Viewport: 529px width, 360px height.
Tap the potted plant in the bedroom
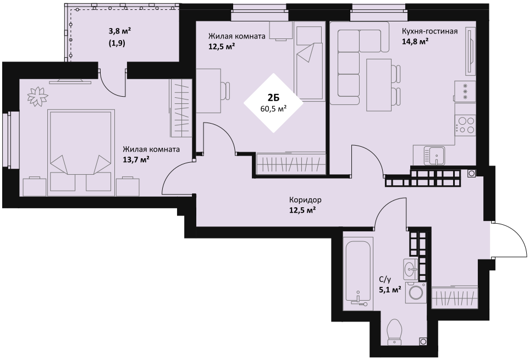[x=38, y=96]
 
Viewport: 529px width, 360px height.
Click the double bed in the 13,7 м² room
[x=81, y=152]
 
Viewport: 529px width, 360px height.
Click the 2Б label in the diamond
[x=273, y=98]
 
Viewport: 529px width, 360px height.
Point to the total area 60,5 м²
[x=273, y=108]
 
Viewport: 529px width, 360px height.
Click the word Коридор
[x=305, y=200]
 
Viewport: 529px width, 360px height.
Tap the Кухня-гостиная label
[x=429, y=31]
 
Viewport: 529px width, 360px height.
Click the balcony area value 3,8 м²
[x=119, y=32]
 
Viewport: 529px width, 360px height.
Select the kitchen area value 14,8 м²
[x=415, y=41]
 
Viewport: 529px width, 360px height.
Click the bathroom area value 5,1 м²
[x=390, y=289]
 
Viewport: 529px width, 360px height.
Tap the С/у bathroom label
[x=384, y=279]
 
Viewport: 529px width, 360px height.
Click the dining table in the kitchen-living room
[x=379, y=85]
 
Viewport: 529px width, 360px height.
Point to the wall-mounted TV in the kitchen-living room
[x=470, y=52]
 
